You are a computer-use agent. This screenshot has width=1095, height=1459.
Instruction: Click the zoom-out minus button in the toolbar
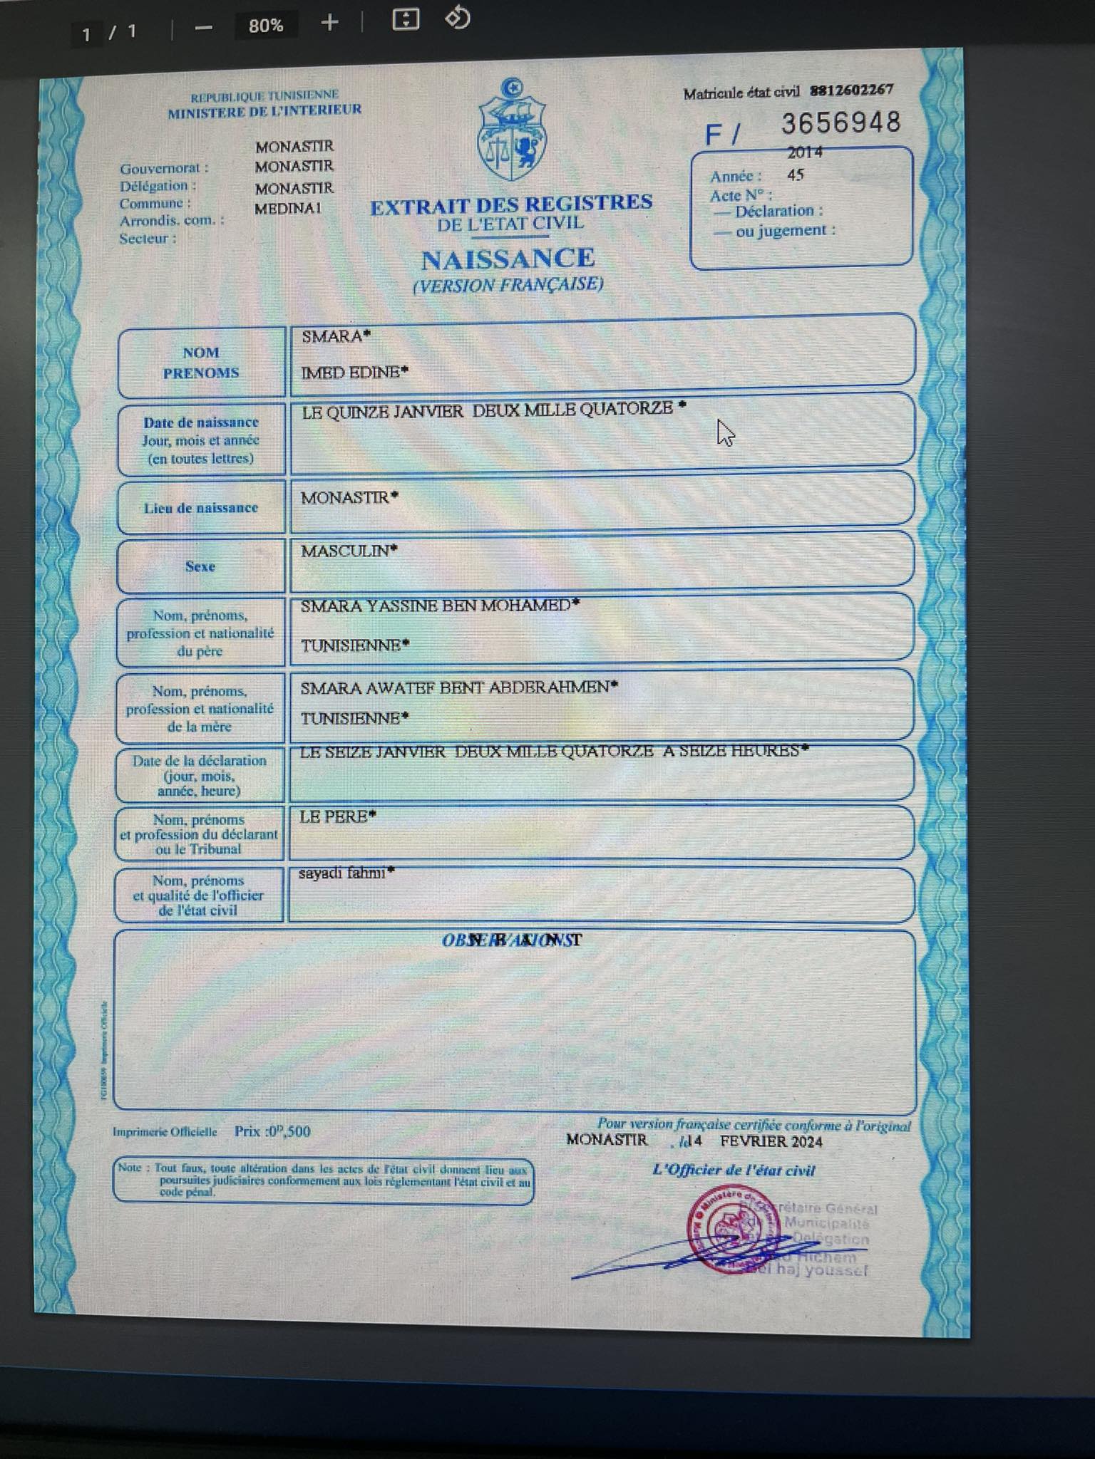[x=204, y=28]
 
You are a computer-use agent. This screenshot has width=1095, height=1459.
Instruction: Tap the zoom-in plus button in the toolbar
[x=329, y=23]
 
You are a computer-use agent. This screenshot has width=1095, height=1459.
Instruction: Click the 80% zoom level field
[x=266, y=26]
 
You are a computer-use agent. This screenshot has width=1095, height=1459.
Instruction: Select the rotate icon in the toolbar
[x=457, y=19]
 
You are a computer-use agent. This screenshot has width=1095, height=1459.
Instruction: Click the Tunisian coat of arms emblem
[x=512, y=132]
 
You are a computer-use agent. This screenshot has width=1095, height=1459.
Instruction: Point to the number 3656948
[x=841, y=123]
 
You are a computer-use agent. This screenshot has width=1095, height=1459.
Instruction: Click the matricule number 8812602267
[x=851, y=90]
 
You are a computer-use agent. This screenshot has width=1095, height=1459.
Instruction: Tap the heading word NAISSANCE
[x=508, y=259]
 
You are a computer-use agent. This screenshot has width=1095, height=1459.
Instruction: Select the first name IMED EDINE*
[x=354, y=372]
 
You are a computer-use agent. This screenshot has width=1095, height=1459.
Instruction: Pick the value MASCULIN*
[x=349, y=551]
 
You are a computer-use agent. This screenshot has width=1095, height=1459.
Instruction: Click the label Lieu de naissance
[x=200, y=508]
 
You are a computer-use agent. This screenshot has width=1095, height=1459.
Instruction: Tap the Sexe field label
[x=200, y=566]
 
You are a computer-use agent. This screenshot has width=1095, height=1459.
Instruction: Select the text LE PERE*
[x=337, y=817]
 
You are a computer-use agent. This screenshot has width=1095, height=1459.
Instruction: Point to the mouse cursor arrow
[x=725, y=432]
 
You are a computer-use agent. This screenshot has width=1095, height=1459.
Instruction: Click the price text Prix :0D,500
[x=272, y=1131]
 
